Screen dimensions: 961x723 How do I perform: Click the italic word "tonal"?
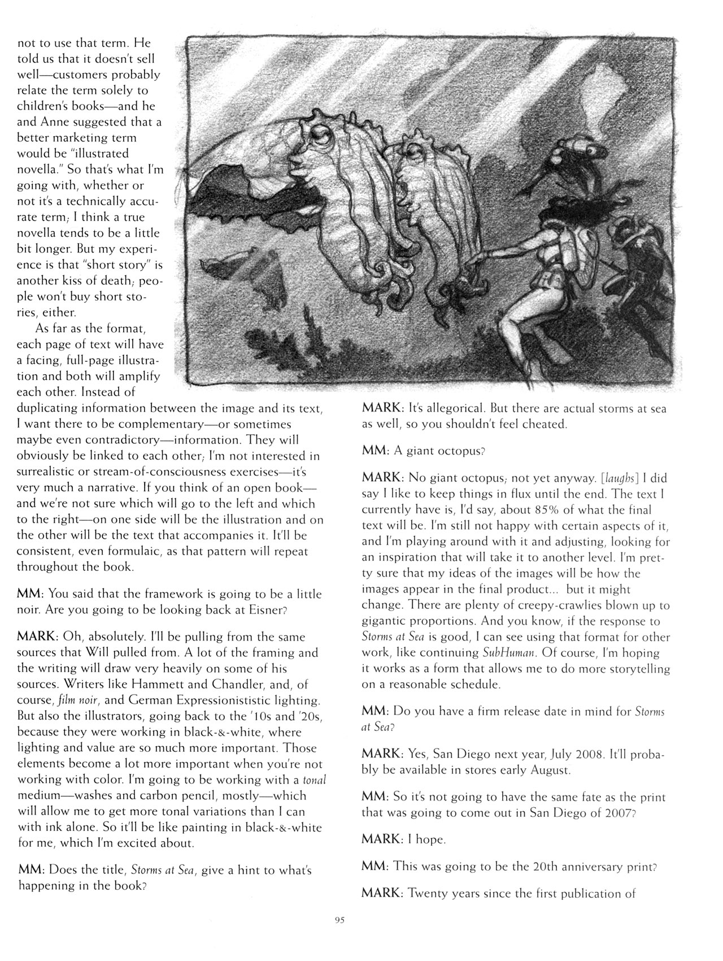click(315, 780)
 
